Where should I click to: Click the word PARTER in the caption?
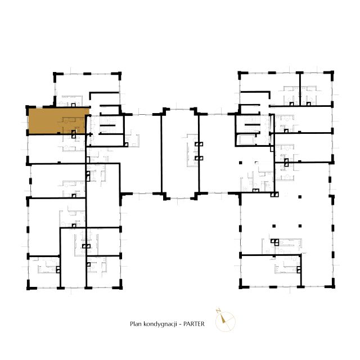point(193,324)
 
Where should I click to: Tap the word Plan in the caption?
point(136,324)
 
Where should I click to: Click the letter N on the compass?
point(218,311)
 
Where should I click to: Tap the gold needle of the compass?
point(223,319)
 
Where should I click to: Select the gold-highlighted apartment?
point(58,121)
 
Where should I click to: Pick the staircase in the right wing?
point(252,124)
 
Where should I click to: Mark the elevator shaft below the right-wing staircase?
point(247,139)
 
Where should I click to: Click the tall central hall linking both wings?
point(180,153)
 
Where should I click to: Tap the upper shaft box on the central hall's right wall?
point(199,144)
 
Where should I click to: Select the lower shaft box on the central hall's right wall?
point(199,158)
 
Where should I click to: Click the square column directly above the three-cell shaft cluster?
point(274,226)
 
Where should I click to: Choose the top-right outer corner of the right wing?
point(334,71)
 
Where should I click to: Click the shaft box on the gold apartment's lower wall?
point(74,134)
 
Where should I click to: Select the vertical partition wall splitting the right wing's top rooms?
point(300,89)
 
